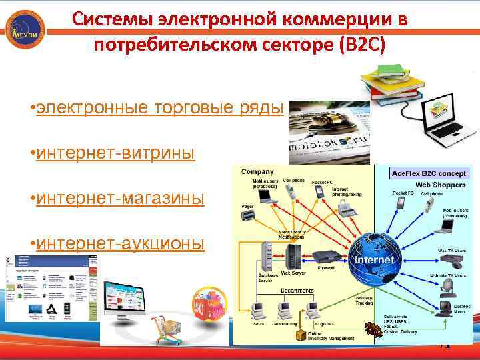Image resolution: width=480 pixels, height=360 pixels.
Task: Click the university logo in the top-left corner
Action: click(25, 29)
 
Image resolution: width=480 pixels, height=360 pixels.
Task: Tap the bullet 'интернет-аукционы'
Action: click(121, 243)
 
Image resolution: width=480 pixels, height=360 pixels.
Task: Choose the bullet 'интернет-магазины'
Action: click(121, 199)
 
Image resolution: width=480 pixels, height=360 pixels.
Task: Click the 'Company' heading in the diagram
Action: click(257, 172)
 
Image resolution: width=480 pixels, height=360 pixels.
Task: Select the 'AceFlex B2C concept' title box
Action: click(431, 173)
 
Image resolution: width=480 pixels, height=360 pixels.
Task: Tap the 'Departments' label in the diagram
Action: click(297, 291)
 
